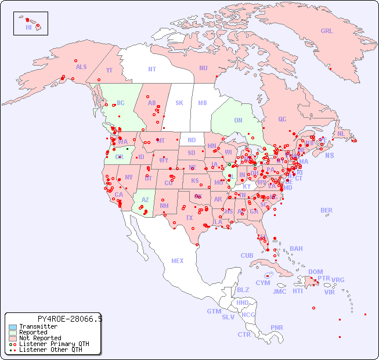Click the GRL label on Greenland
(327, 31)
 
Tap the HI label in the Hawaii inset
(28, 27)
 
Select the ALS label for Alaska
(81, 67)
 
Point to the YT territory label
(109, 70)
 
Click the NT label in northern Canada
(152, 69)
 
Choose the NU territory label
(203, 68)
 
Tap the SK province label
(179, 103)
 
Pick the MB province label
(203, 103)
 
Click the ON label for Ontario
(238, 120)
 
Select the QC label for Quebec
(282, 119)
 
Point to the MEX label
(178, 261)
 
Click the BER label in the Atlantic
(327, 210)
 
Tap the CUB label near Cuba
(247, 255)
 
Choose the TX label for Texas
(189, 218)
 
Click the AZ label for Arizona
(145, 200)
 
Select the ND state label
(192, 140)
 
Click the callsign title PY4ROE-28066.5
(70, 319)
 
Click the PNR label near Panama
(277, 327)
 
